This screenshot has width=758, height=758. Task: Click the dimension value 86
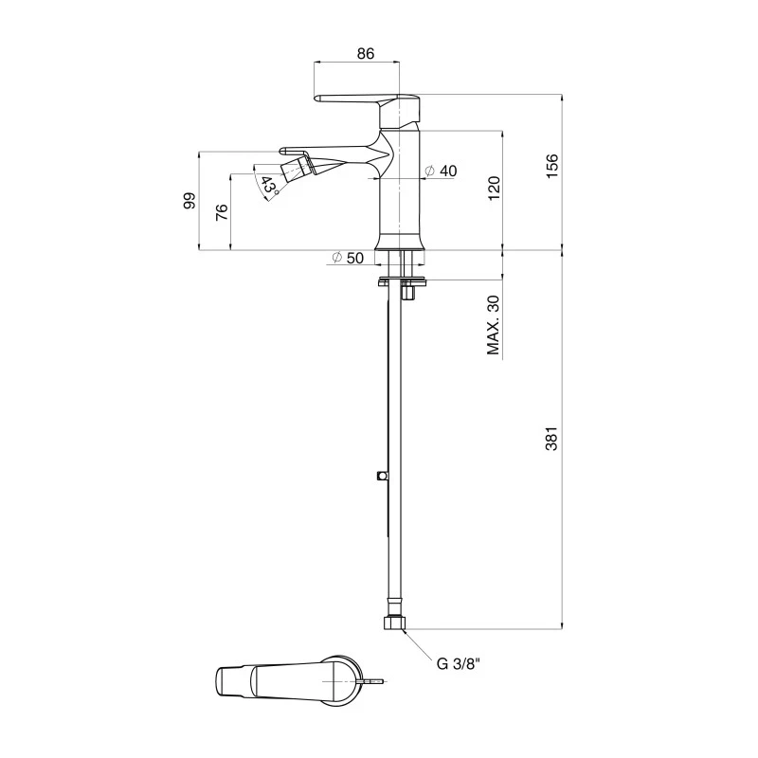coord(366,55)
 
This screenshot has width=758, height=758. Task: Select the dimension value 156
coord(554,165)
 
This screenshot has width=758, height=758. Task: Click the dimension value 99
coord(189,201)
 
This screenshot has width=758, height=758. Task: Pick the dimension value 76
coord(221,211)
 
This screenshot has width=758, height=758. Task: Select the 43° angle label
coord(270,186)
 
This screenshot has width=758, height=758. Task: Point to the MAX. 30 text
coord(493,325)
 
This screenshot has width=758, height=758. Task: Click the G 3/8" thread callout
coord(459,663)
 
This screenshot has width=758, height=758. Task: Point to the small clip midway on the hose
coord(381,475)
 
